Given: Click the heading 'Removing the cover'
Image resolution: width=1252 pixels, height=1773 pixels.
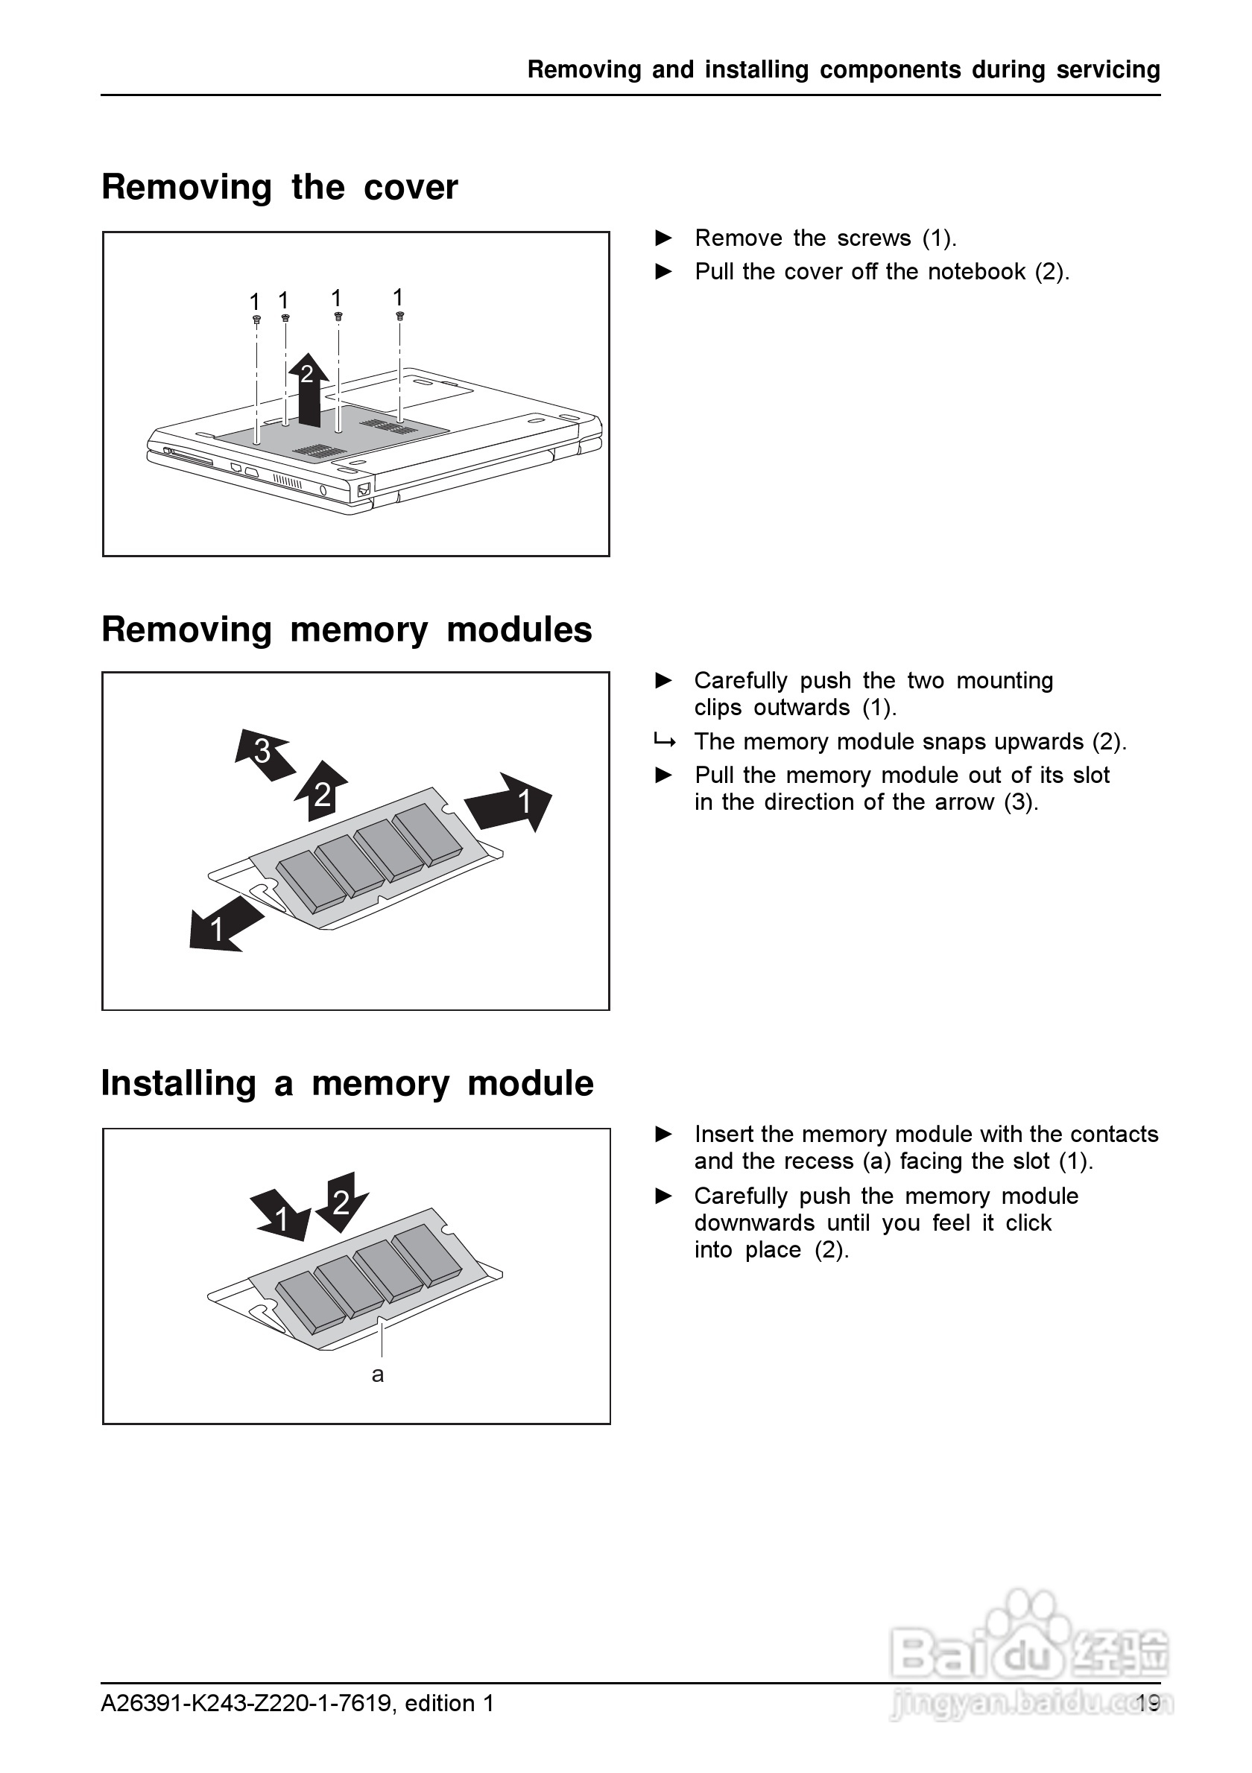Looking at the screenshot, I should point(279,188).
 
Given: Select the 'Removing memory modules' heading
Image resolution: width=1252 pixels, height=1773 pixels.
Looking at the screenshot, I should point(347,629).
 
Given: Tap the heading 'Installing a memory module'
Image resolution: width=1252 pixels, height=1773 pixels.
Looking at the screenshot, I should point(347,1082).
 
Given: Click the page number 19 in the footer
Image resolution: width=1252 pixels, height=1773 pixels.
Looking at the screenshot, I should point(1148,1703).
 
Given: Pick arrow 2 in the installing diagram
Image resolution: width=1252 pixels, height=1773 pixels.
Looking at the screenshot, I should point(341,1201).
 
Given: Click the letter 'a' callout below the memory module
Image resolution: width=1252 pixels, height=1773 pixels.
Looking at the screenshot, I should point(378,1374).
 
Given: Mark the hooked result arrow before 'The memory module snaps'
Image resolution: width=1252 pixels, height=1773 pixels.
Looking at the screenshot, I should point(664,742).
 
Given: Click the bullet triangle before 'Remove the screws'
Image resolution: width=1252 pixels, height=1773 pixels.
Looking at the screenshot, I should point(663,238).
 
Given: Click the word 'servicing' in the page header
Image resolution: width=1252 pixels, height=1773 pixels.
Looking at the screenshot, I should point(1107,69).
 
